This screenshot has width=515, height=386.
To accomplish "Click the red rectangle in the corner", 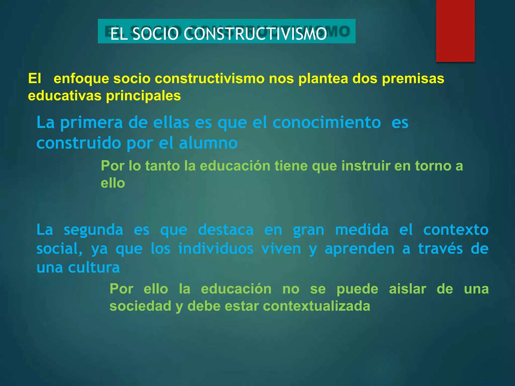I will pos(455,31).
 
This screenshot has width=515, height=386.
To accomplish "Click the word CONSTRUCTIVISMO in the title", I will pos(255,34).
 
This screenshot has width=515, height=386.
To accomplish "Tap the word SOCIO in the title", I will pos(155,34).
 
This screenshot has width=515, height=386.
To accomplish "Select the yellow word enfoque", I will pos(81,79).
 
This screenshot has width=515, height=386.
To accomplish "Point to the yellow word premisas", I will pos(413,79).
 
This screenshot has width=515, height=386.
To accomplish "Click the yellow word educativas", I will pos(64,96).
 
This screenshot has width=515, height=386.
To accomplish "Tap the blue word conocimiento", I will pos(327,123).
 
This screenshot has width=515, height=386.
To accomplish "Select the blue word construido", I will pos(79,143).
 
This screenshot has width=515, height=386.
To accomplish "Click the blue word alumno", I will pos(208,143).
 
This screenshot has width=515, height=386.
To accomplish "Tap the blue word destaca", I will pos(226,230).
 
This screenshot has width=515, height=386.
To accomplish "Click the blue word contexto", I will pos(456,230).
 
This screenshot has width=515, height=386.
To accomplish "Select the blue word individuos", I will pos(216,249).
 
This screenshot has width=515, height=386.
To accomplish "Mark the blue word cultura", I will pos(94,267).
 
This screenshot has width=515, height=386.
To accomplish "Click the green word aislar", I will pos(407,289).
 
